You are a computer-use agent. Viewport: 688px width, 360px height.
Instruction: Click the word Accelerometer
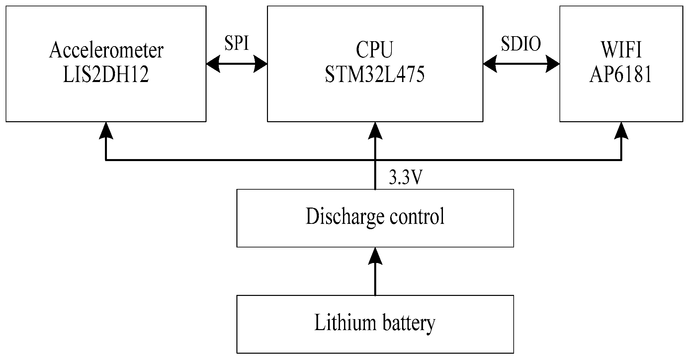pyautogui.click(x=106, y=51)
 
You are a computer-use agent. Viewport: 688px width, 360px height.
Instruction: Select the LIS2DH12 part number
pyautogui.click(x=106, y=75)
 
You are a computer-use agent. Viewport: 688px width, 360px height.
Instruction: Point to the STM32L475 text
pyautogui.click(x=374, y=75)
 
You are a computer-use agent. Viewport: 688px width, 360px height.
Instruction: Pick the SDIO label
pyautogui.click(x=521, y=44)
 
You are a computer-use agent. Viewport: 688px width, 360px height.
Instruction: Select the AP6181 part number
pyautogui.click(x=621, y=75)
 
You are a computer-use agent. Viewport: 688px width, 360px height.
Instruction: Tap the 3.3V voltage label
pyautogui.click(x=405, y=178)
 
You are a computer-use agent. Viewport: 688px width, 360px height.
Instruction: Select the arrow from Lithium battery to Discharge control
pyautogui.click(x=375, y=272)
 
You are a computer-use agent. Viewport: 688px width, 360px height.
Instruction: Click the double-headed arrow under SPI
pyautogui.click(x=236, y=64)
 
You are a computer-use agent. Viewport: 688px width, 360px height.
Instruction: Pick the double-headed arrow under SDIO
pyautogui.click(x=521, y=64)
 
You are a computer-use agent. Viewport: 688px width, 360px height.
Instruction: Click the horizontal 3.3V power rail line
pyautogui.click(x=232, y=160)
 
